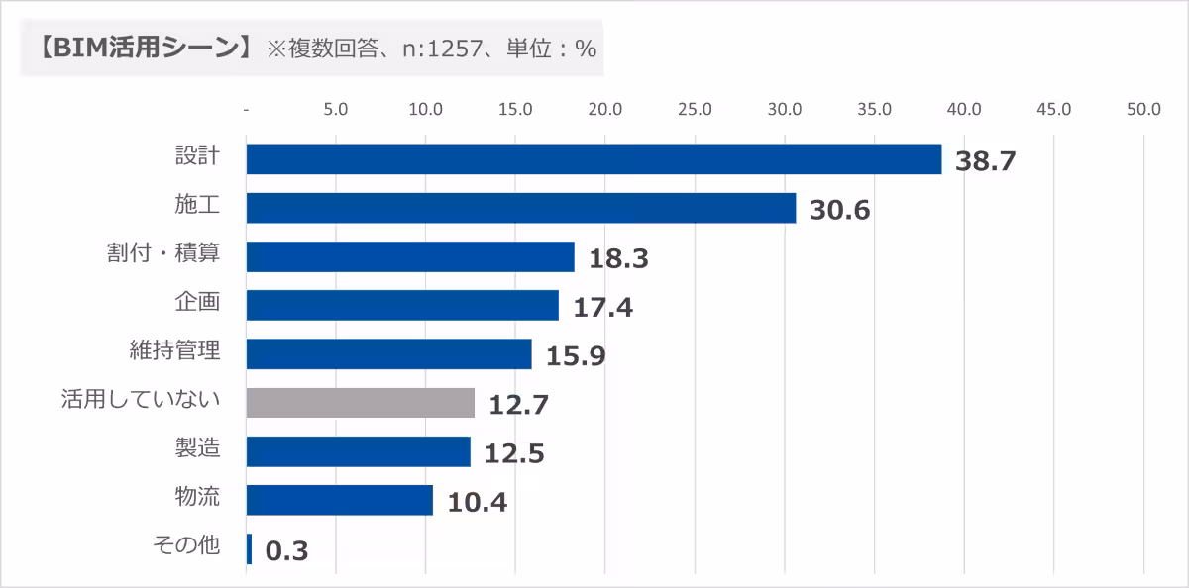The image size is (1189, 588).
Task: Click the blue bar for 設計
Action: pyautogui.click(x=593, y=159)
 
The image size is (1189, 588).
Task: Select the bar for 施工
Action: pyautogui.click(x=520, y=208)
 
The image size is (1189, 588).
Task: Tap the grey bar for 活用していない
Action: pyautogui.click(x=360, y=402)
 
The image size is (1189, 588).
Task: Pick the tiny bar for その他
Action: pyautogui.click(x=249, y=549)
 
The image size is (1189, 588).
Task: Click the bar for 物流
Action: pyautogui.click(x=339, y=500)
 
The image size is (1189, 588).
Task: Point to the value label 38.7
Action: pyautogui.click(x=985, y=161)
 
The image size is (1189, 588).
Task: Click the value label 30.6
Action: pyautogui.click(x=839, y=210)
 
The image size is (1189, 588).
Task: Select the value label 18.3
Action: pyautogui.click(x=618, y=258)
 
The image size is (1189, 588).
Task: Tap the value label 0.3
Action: pyautogui.click(x=287, y=551)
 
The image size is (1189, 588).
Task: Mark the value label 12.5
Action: pyautogui.click(x=514, y=453)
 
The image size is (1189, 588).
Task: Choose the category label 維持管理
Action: pyautogui.click(x=174, y=350)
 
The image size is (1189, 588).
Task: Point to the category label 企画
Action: pyautogui.click(x=196, y=302)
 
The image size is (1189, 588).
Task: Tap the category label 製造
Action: pyautogui.click(x=196, y=448)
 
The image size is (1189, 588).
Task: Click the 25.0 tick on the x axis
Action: pyautogui.click(x=695, y=110)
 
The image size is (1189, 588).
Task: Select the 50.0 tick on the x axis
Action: pyautogui.click(x=1143, y=110)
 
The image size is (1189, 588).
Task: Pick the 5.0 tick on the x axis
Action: pyautogui.click(x=335, y=110)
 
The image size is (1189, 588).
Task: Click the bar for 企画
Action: pyautogui.click(x=401, y=305)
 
